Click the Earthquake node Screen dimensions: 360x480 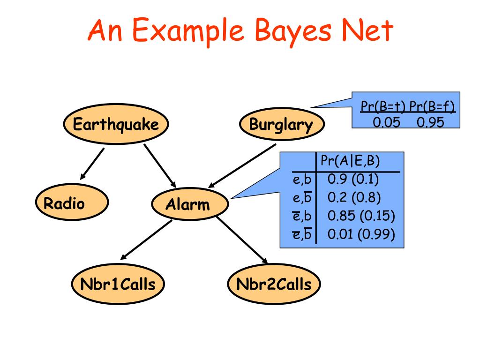tap(115, 125)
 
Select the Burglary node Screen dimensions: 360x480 tap(281, 125)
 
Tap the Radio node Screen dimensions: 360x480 tap(71, 204)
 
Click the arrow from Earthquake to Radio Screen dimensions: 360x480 tap(92, 164)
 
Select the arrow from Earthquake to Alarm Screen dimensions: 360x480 tap(159, 165)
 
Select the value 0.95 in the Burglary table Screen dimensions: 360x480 tap(430, 122)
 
